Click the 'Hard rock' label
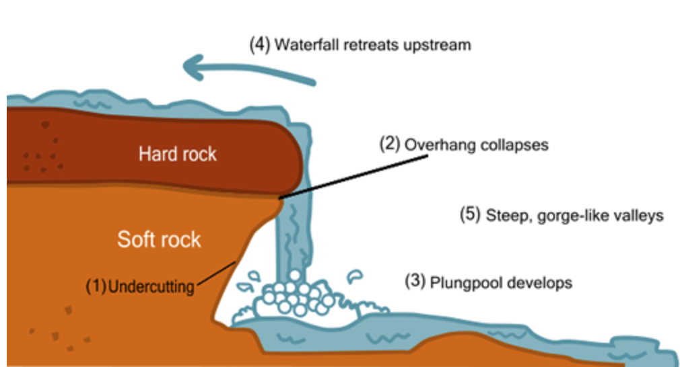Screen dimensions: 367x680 pos(178,154)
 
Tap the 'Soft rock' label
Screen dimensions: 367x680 pos(159,239)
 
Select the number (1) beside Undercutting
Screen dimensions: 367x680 pos(96,286)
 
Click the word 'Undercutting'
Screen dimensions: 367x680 pos(151,286)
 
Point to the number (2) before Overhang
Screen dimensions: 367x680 pos(389,144)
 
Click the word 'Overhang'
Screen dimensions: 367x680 pos(432,145)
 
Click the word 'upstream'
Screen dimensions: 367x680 pos(438,46)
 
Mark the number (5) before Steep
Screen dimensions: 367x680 pos(470,215)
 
